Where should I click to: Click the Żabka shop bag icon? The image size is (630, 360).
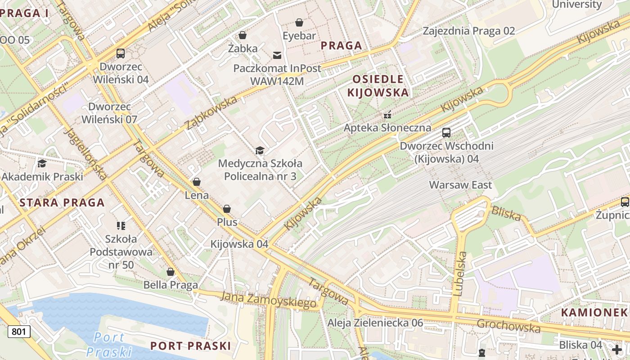click(243, 35)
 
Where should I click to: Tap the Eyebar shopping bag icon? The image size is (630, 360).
click(299, 22)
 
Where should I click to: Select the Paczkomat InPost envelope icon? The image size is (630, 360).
click(277, 55)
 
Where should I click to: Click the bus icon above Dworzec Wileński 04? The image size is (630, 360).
click(121, 54)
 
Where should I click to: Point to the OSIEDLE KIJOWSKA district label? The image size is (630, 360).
click(380, 86)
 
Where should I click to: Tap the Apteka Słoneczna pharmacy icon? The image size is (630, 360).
click(387, 115)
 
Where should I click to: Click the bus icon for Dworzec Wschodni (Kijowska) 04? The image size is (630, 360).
click(446, 133)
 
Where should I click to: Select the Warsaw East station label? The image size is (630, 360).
click(460, 185)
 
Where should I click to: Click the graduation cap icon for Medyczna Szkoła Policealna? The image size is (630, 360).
click(260, 150)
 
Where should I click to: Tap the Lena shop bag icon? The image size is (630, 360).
click(197, 182)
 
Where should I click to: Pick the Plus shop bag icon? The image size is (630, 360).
click(227, 209)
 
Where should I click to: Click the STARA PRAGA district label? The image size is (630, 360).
click(62, 202)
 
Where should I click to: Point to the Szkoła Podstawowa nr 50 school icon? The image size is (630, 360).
click(121, 225)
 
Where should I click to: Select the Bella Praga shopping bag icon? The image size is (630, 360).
click(171, 272)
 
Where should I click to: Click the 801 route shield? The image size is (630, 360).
click(19, 332)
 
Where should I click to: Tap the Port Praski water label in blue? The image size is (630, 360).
click(109, 344)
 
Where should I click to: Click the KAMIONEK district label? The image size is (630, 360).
click(594, 312)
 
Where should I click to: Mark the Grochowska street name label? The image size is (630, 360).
click(508, 325)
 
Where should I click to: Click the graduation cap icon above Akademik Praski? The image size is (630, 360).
click(42, 163)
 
